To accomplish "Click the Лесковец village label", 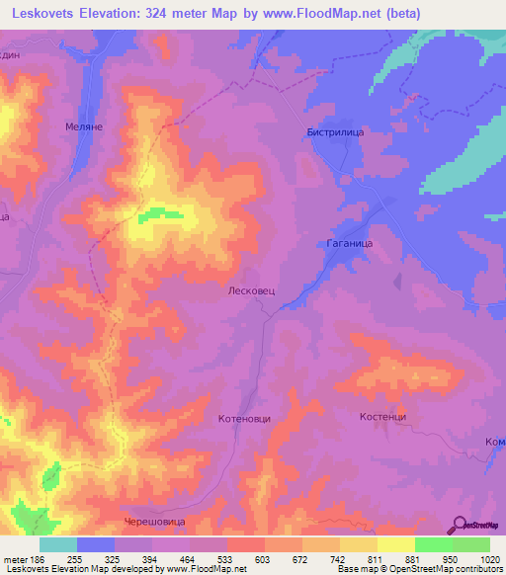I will [x=257, y=292].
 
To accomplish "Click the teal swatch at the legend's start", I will [x=57, y=544].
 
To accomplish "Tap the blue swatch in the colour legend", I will [x=95, y=544].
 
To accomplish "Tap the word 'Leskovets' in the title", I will [x=44, y=14].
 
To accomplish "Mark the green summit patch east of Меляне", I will [x=159, y=214].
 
